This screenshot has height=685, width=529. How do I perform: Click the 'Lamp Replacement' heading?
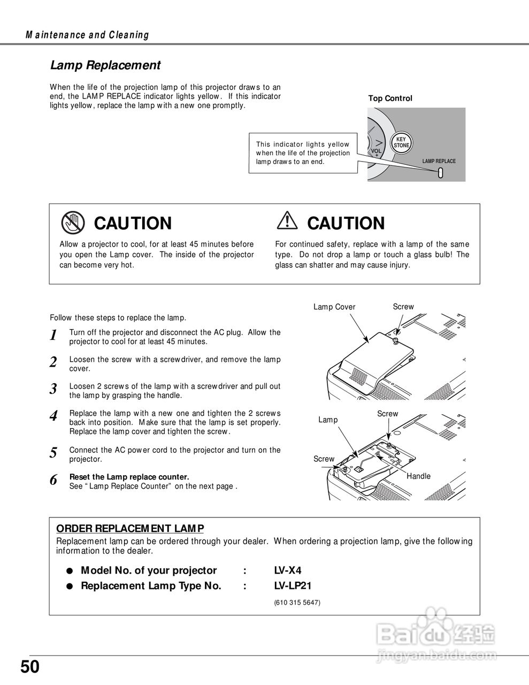(x=105, y=65)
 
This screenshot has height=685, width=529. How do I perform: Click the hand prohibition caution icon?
(x=73, y=223)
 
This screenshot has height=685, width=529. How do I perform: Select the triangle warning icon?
(x=288, y=221)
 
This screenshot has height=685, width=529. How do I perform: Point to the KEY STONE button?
(x=401, y=143)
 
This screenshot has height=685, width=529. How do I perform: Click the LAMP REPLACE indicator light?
(x=440, y=173)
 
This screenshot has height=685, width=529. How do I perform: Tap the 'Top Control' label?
(x=390, y=98)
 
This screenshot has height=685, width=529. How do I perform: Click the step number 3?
(x=53, y=389)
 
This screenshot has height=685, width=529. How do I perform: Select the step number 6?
(x=53, y=480)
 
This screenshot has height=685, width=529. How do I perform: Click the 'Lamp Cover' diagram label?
(x=334, y=307)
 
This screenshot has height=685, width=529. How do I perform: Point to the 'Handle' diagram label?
(x=418, y=476)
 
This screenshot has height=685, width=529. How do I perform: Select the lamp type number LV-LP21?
(x=293, y=585)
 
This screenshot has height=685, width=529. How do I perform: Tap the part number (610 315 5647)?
(x=297, y=603)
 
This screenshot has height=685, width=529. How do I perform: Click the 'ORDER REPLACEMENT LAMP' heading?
(x=130, y=529)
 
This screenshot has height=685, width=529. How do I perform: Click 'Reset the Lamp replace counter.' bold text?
(x=129, y=477)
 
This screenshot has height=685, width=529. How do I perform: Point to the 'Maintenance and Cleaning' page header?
(x=87, y=35)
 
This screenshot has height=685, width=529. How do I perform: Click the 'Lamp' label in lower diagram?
(x=328, y=420)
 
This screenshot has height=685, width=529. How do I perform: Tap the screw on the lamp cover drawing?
(x=395, y=341)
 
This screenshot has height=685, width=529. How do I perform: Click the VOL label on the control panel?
(x=377, y=151)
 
